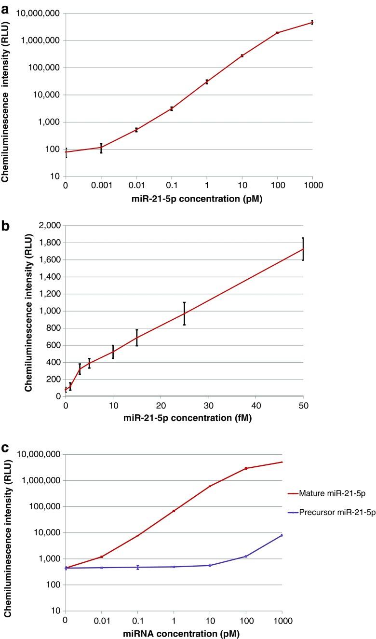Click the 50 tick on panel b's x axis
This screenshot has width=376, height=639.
click(303, 405)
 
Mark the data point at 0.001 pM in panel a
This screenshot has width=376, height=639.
click(101, 148)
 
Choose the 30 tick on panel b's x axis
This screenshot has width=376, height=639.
click(208, 405)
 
